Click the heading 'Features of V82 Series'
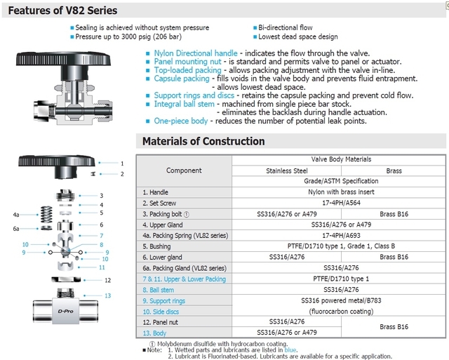coord(60,11)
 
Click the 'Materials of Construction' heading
coord(203,141)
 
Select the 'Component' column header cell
coord(184,171)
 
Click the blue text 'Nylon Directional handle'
coord(196,53)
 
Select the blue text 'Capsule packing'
coord(182,79)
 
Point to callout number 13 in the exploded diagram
coord(107,295)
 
